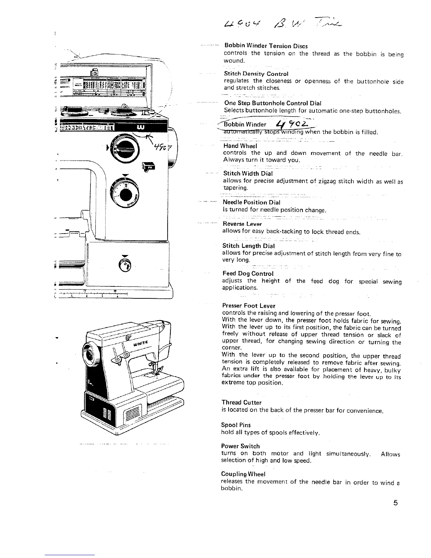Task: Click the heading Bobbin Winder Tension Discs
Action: (266, 46)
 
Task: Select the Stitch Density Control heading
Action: (256, 74)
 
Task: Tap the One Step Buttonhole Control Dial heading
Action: (273, 103)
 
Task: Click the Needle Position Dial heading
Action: (251, 202)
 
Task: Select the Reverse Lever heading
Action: (242, 224)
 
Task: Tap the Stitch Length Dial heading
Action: (248, 246)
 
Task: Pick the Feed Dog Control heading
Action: (248, 274)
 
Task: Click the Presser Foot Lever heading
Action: (249, 306)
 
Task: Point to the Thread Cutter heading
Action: (242, 402)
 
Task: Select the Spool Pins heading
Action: (236, 425)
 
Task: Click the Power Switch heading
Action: (241, 446)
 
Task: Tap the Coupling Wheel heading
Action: (243, 474)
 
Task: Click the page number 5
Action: (395, 503)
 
